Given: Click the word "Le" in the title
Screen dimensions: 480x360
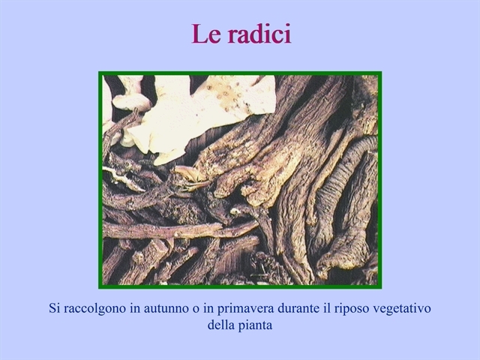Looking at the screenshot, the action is point(206,34).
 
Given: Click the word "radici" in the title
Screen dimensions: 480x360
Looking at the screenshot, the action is point(259,34).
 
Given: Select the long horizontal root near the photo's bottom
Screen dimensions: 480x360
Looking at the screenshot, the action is point(181,230).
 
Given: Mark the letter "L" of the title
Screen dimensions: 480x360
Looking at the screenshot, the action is point(199,34).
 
